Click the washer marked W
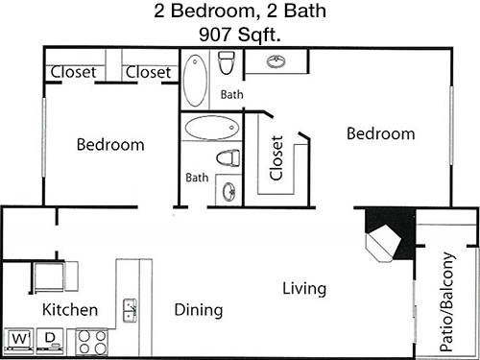pos(19,341)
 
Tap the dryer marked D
pos(50,341)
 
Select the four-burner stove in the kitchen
pos(92,342)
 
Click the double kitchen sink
pos(131,310)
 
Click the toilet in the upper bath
pos(227,62)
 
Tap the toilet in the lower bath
pos(228,158)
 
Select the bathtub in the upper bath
pos(195,81)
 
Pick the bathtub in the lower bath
pos(212,128)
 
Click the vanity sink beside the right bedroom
pos(276,61)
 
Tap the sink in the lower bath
pos(229,191)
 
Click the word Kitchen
pos(70,310)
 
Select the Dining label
pos(199,310)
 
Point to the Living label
pos(304,289)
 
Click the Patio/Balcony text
pos(447,301)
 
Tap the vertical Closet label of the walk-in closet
pos(276,157)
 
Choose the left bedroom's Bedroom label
pos(110,145)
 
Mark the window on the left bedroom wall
pos(44,137)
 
